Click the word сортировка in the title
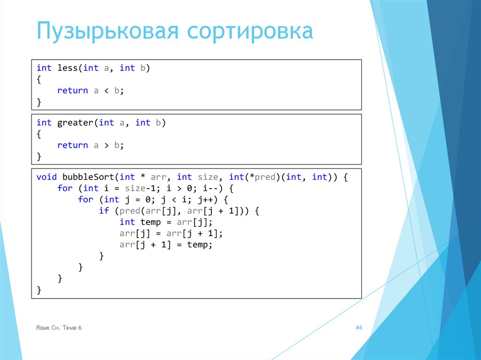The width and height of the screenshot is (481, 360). click(x=250, y=32)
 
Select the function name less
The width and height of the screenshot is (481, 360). click(x=68, y=68)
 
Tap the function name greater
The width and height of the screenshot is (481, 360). click(x=75, y=123)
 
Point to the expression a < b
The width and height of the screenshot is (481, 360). click(x=107, y=91)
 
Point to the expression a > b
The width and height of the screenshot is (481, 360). click(x=107, y=145)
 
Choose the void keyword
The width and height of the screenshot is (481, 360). click(x=47, y=177)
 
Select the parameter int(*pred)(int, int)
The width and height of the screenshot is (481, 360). click(x=278, y=177)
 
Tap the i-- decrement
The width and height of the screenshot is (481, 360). click(x=210, y=188)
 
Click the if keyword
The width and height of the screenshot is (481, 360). click(x=104, y=211)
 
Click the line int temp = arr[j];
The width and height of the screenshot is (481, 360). click(x=166, y=222)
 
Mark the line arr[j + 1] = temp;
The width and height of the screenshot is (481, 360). click(x=166, y=245)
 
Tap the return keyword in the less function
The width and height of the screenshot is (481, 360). click(x=73, y=91)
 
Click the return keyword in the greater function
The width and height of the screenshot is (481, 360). click(x=73, y=145)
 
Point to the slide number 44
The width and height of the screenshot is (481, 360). click(x=358, y=328)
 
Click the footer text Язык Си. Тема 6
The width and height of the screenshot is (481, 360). click(x=59, y=328)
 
